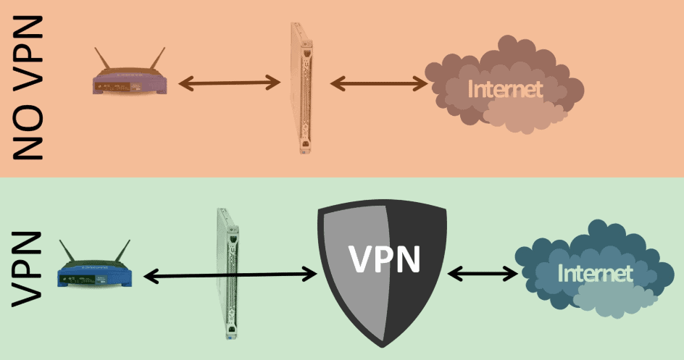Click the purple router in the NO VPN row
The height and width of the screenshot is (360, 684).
(131, 81)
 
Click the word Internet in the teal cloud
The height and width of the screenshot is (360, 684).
(596, 273)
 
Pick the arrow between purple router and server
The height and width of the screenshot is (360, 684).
(229, 83)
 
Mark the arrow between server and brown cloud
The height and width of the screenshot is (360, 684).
(379, 83)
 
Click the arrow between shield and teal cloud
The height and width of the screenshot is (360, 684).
(483, 274)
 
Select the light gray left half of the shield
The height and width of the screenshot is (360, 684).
(348, 290)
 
